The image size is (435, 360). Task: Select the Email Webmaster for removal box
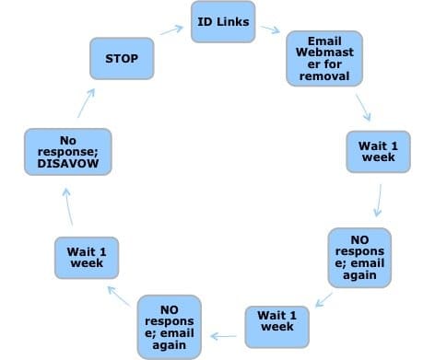pyautogui.click(x=318, y=58)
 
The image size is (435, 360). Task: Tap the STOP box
pyautogui.click(x=122, y=59)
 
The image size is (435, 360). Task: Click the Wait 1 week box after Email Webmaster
pyautogui.click(x=378, y=151)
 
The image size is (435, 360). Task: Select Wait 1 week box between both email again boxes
pyautogui.click(x=276, y=326)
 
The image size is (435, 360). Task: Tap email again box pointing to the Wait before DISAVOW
pyautogui.click(x=169, y=326)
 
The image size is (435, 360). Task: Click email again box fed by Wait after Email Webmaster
pyautogui.click(x=359, y=255)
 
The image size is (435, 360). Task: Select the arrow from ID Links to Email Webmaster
pyautogui.click(x=270, y=29)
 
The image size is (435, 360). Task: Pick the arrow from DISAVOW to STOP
pyautogui.click(x=83, y=102)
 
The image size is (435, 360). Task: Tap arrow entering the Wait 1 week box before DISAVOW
pyautogui.click(x=119, y=294)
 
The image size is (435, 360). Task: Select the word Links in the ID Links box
pyautogui.click(x=233, y=21)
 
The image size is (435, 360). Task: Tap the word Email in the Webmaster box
pyautogui.click(x=318, y=41)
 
